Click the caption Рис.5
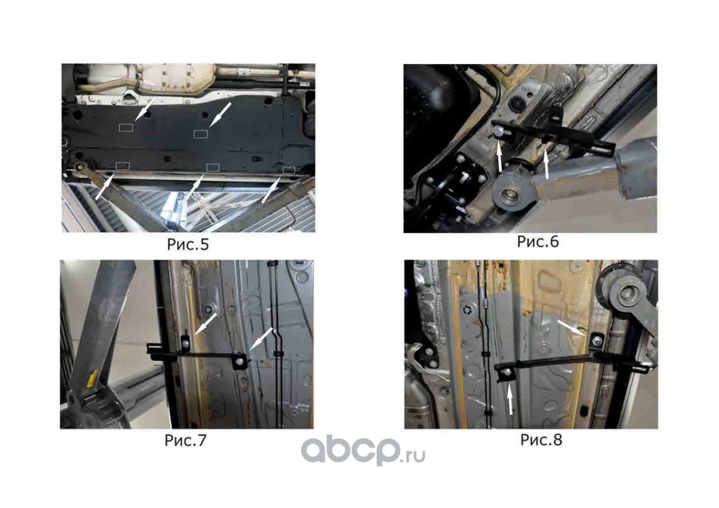pyautogui.click(x=187, y=244)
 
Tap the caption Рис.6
pyautogui.click(x=538, y=242)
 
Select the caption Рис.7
pyautogui.click(x=185, y=440)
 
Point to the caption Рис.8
pyautogui.click(x=541, y=439)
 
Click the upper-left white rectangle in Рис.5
pyautogui.click(x=126, y=128)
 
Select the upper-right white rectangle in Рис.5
pyautogui.click(x=201, y=133)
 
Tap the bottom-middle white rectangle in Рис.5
pyautogui.click(x=212, y=167)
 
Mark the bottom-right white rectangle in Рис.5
pyautogui.click(x=288, y=170)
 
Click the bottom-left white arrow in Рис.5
pyautogui.click(x=105, y=188)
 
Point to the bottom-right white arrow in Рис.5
pyautogui.click(x=271, y=190)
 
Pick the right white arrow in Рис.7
pyautogui.click(x=262, y=339)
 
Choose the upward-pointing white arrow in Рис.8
pyautogui.click(x=511, y=399)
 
